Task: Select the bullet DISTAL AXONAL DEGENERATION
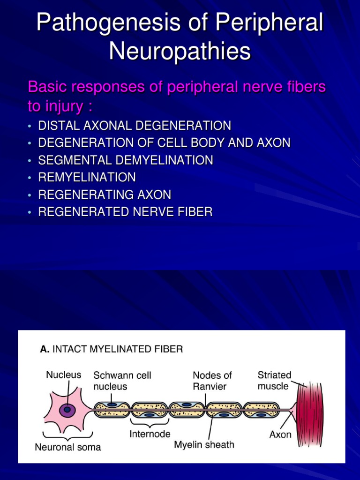[135, 126]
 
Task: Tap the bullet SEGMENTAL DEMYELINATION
[126, 160]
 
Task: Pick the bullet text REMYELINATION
[87, 177]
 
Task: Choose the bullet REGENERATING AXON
[105, 195]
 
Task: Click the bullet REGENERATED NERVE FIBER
[125, 212]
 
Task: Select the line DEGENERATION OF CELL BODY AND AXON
[164, 143]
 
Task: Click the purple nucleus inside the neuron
[67, 411]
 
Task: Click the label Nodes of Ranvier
[212, 381]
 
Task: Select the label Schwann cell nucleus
[122, 381]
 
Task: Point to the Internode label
[150, 434]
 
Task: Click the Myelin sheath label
[204, 444]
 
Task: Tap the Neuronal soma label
[68, 447]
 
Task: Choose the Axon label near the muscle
[280, 435]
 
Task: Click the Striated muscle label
[274, 380]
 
